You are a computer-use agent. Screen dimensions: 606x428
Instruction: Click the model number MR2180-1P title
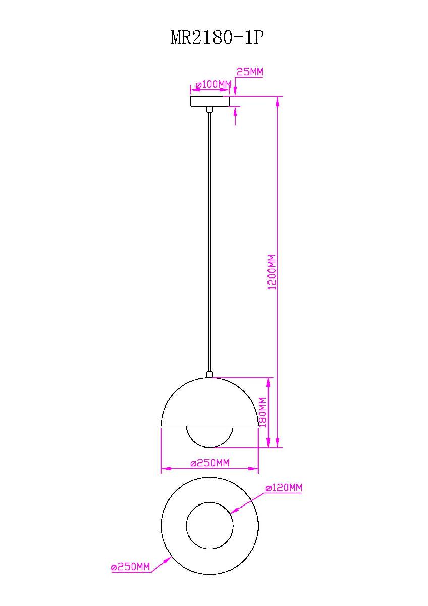coord(217,38)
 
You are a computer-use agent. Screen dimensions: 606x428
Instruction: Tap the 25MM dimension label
coord(250,72)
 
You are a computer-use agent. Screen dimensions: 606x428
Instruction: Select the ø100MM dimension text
coord(213,84)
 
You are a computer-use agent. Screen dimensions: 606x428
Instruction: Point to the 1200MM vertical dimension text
coord(272,271)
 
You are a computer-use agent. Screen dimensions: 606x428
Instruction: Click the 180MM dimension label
coord(262,413)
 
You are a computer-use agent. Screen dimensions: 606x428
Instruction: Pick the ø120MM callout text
coord(284,488)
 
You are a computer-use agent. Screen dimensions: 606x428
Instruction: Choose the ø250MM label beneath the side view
coord(210,463)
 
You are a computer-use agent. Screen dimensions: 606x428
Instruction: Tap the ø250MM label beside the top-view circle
coord(131,567)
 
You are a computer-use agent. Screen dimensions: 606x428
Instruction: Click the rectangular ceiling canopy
coord(209,102)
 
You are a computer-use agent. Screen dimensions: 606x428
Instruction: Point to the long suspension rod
coord(210,242)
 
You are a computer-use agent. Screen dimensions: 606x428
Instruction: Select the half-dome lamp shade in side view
coord(209,404)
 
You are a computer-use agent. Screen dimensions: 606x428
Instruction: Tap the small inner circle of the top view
coord(210,525)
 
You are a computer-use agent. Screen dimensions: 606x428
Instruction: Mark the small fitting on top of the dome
coord(210,375)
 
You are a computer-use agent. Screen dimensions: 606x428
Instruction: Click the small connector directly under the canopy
coord(210,109)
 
